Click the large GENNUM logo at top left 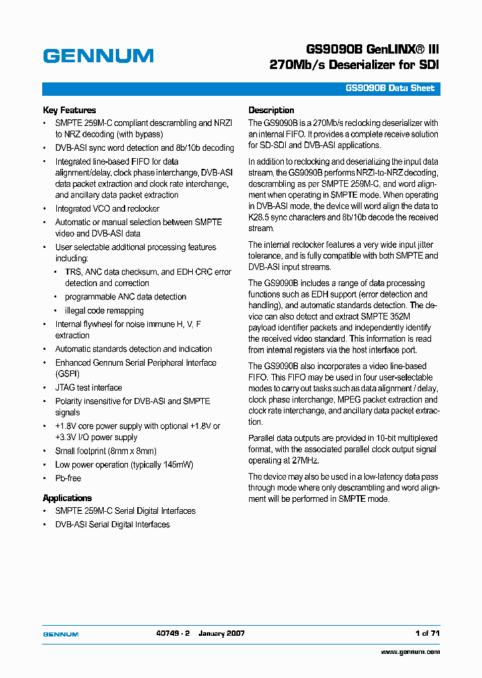click(x=98, y=56)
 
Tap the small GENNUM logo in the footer click(x=61, y=634)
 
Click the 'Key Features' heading click(x=69, y=111)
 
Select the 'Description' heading click(x=271, y=111)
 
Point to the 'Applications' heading click(x=67, y=498)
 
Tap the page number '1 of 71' click(x=427, y=633)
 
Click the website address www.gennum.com click(x=410, y=652)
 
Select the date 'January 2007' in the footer click(x=223, y=633)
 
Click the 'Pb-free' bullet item click(x=68, y=478)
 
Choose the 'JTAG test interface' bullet click(x=88, y=388)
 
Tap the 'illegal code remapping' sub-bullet click(x=104, y=311)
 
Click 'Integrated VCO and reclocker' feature click(x=107, y=209)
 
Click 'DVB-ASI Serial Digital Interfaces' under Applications click(x=112, y=525)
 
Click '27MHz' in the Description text click(x=305, y=461)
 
